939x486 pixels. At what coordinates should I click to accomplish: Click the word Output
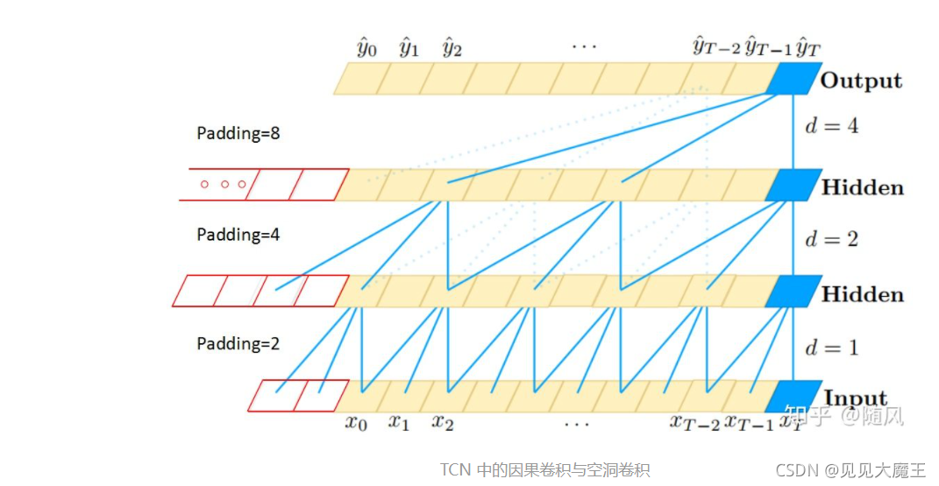861,81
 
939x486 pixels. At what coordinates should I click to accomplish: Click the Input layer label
855,398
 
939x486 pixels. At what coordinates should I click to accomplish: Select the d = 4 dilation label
831,125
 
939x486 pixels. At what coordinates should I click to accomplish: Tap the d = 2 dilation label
831,239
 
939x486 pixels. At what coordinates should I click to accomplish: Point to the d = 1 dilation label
831,348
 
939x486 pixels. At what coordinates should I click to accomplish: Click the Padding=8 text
238,134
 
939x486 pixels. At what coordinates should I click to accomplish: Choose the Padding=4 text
238,235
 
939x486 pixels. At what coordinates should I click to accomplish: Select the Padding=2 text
238,344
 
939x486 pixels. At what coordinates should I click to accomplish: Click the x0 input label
354,423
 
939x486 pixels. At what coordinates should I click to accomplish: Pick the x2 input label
442,423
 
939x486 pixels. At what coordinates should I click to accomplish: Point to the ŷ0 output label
366,47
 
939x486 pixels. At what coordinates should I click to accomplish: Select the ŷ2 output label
452,47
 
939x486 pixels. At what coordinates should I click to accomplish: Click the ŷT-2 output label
717,47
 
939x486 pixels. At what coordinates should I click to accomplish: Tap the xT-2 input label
695,423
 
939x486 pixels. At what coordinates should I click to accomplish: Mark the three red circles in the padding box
225,184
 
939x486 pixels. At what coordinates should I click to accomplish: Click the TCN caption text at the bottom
544,470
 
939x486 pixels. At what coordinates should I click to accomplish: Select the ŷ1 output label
409,47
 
